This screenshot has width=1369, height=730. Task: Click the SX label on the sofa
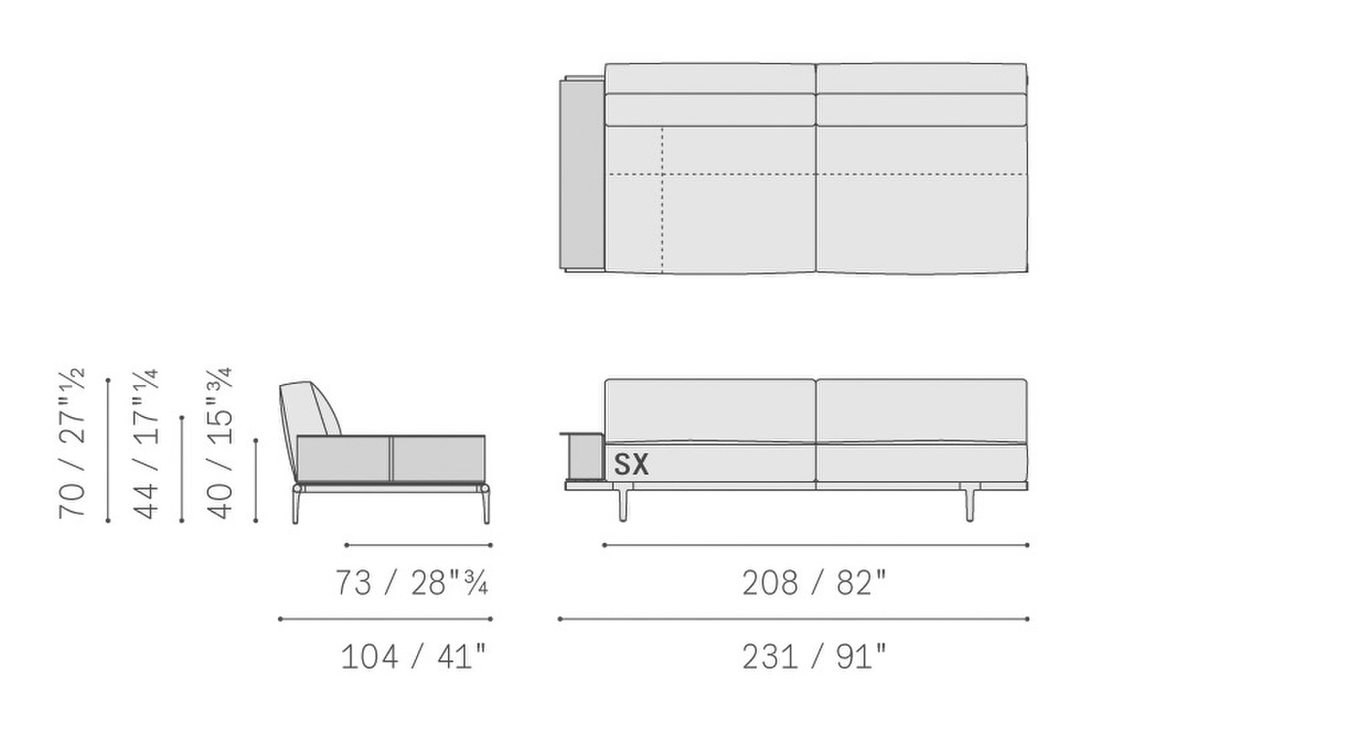[x=631, y=464]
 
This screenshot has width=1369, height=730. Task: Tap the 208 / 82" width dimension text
[x=814, y=583]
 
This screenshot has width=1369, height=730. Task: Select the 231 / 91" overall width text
[x=814, y=657]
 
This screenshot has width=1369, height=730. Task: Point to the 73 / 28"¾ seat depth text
[x=412, y=583]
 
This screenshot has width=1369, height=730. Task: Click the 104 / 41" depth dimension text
[x=413, y=657]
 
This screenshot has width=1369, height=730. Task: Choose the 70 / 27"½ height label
[x=72, y=443]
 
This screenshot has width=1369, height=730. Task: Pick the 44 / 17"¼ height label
[x=146, y=443]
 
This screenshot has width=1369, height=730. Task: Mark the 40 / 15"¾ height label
[x=220, y=443]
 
